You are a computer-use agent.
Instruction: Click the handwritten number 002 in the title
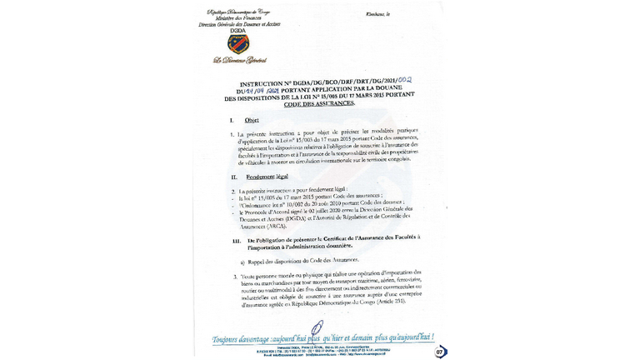click(407, 79)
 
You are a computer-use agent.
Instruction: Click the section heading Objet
click(252, 122)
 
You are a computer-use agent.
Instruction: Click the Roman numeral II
click(234, 179)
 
